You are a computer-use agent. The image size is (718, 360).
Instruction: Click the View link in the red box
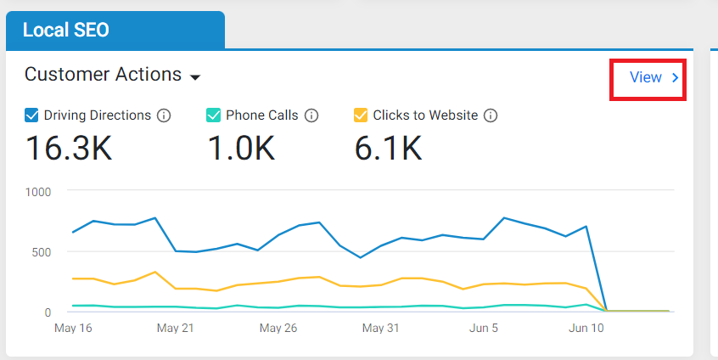tap(653, 77)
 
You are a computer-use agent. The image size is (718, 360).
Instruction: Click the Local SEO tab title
tap(66, 31)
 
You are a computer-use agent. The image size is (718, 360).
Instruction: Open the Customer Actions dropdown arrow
tap(195, 77)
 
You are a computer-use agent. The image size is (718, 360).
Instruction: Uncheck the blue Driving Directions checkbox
tap(31, 115)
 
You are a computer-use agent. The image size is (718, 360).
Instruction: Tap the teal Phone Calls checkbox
tap(213, 115)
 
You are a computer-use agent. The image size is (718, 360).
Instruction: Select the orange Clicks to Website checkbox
tap(361, 115)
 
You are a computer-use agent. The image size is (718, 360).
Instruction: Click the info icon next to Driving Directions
tap(164, 115)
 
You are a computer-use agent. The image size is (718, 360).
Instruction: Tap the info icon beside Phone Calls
tap(311, 115)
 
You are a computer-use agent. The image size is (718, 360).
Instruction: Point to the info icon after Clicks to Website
tap(491, 115)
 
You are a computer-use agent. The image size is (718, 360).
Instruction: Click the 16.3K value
tap(69, 148)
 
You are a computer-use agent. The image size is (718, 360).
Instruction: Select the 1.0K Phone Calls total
tap(241, 148)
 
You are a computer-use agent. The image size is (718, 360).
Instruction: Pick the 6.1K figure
tap(388, 148)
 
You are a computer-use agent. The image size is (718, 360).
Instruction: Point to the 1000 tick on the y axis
tap(38, 192)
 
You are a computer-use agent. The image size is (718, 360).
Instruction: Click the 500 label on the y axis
tap(42, 252)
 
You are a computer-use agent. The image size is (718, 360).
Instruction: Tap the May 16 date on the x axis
tap(73, 328)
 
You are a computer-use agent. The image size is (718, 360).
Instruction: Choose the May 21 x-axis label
tap(176, 328)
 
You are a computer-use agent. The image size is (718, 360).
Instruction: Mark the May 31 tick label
tap(380, 328)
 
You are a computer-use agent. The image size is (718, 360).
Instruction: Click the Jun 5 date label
tap(484, 328)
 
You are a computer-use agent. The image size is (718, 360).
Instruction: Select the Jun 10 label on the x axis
tap(586, 328)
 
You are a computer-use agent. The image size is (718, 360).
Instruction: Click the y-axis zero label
tap(48, 312)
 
